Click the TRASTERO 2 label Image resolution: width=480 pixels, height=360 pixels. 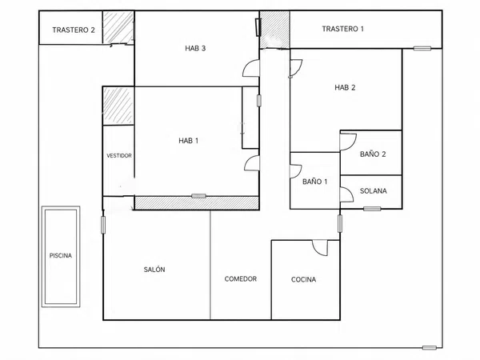(74, 30)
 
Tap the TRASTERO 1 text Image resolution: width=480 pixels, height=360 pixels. (343, 29)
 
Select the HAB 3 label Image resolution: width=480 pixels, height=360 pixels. (195, 48)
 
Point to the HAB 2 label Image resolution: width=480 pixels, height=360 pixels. (345, 87)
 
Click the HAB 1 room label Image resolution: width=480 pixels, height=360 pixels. (189, 141)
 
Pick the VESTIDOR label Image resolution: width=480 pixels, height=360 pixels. (119, 156)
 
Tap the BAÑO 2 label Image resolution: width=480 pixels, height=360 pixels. (373, 154)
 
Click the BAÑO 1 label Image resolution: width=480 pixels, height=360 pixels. (314, 182)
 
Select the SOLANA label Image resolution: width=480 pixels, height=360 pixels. (373, 191)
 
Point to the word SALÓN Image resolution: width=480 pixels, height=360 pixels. (154, 270)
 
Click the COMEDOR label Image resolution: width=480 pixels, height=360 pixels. (241, 279)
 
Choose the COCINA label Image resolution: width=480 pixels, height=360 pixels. (303, 279)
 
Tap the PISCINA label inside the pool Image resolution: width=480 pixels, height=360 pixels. (61, 256)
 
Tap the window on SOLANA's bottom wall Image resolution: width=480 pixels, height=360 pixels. (372, 209)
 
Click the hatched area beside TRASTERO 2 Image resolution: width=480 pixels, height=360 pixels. (118, 27)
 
